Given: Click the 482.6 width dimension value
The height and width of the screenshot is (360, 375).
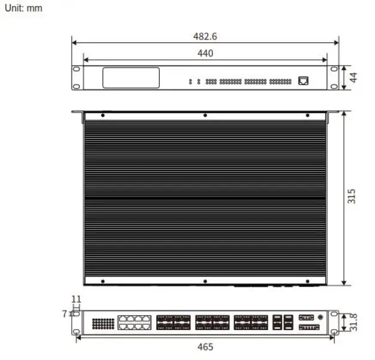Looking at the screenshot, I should pos(205,36).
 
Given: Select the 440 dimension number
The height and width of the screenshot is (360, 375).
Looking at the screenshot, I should pos(205,53).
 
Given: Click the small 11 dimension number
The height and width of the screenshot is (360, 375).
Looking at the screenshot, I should pos(76,299).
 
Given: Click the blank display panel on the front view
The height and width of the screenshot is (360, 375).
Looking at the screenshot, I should pos(131,78).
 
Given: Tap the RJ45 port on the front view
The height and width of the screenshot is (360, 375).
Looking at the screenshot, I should pos(304,80).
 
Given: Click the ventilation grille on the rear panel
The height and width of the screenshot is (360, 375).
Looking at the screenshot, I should pos(103,323).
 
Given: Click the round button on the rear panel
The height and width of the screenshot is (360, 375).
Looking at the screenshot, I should pos(322,317).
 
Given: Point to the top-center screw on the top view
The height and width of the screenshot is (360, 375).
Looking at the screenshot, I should pos(205,115).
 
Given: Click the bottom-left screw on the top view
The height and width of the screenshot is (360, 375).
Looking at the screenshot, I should pos(103,280).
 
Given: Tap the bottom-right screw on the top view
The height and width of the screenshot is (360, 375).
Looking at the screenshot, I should pos(307,280).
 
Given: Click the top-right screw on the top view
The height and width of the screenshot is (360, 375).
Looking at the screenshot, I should pos(307,115).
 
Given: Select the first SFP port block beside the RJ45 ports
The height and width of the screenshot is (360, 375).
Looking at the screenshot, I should pos(173,323).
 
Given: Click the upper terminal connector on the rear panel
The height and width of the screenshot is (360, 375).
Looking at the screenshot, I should pos(306,317).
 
